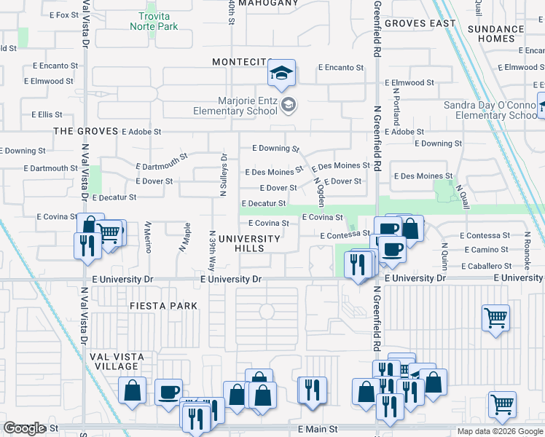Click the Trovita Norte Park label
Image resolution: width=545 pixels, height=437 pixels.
[154, 21]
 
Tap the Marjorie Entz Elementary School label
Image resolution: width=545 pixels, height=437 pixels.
[235, 106]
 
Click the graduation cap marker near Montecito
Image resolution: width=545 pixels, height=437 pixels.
[281, 74]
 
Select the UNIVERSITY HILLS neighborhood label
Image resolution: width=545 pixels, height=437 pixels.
[249, 243]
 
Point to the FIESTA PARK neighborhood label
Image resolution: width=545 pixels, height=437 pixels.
[164, 306]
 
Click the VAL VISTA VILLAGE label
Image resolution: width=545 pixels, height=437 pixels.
[117, 362]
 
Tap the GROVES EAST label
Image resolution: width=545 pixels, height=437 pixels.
[420, 23]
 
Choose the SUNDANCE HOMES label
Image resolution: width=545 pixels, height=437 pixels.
[495, 34]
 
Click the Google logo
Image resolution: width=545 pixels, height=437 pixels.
[24, 428]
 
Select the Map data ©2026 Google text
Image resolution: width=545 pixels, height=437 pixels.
[499, 431]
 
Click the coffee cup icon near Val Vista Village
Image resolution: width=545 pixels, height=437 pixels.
[168, 392]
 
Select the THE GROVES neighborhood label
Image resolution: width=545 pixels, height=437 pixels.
[85, 131]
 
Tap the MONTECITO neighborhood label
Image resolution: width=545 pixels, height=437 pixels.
[242, 63]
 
